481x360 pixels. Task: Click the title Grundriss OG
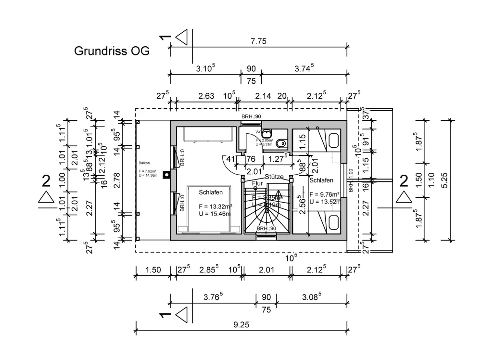[x=112, y=51]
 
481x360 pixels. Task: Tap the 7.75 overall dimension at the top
[x=258, y=41]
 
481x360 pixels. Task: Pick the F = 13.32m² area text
[x=215, y=206]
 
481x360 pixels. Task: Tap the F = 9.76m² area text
[x=325, y=194]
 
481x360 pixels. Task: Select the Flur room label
[x=257, y=183]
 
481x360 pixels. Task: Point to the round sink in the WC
[x=267, y=133]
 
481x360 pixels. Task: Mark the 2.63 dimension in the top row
[x=206, y=96]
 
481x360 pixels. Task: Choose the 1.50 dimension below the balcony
[x=152, y=270]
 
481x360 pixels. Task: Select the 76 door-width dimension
[x=251, y=160]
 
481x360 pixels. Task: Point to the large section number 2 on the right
[x=403, y=181]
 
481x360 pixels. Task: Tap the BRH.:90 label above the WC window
[x=251, y=117]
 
